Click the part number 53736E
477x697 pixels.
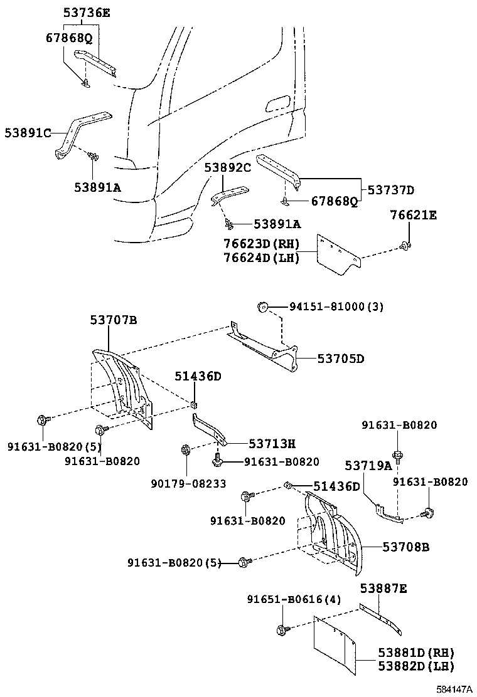(86, 13)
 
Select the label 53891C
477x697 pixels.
(28, 133)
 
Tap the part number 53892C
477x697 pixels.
(227, 168)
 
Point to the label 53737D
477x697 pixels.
(390, 190)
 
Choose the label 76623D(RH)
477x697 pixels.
(261, 244)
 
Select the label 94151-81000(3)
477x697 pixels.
(336, 307)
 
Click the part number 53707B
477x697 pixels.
(113, 320)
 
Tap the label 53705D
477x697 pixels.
(340, 359)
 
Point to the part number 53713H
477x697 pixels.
(272, 444)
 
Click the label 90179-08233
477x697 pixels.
(188, 483)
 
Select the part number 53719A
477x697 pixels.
(368, 465)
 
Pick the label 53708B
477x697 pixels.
(406, 547)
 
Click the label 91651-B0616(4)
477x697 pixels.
(294, 600)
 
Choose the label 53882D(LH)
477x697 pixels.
(415, 666)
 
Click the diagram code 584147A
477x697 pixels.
(455, 689)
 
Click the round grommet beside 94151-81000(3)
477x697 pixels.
(263, 307)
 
